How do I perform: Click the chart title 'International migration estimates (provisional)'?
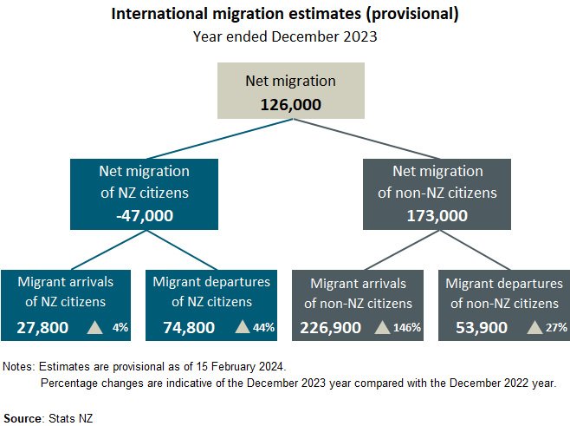[x=285, y=15]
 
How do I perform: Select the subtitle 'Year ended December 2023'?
[x=285, y=37]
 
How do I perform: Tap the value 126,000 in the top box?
[x=291, y=104]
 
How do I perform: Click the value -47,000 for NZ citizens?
[x=145, y=214]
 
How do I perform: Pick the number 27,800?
[x=42, y=327]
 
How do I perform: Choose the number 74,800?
[x=189, y=327]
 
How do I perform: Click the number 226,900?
[x=331, y=327]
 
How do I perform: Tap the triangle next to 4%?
[x=94, y=327]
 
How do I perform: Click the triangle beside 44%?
[x=242, y=327]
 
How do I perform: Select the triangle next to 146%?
[x=381, y=327]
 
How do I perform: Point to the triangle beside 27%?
[x=535, y=327]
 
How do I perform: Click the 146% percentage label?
[x=406, y=328]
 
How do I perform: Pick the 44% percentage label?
[x=263, y=328]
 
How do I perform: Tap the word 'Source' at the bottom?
[x=23, y=417]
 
